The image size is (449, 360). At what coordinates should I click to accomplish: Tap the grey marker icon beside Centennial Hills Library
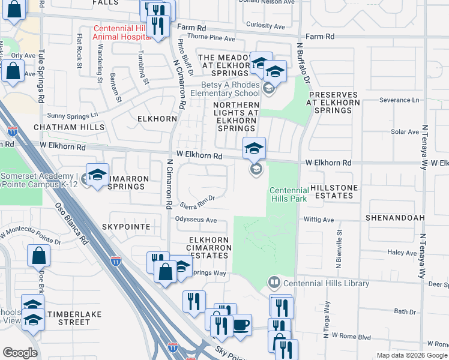(x=274, y=282)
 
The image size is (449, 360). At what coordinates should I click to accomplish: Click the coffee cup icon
(x=241, y=325)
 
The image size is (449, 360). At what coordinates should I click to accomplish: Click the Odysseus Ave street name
(x=195, y=220)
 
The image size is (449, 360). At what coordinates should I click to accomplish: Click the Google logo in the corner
(x=20, y=352)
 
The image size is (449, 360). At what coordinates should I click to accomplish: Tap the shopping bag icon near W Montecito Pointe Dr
(x=38, y=256)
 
